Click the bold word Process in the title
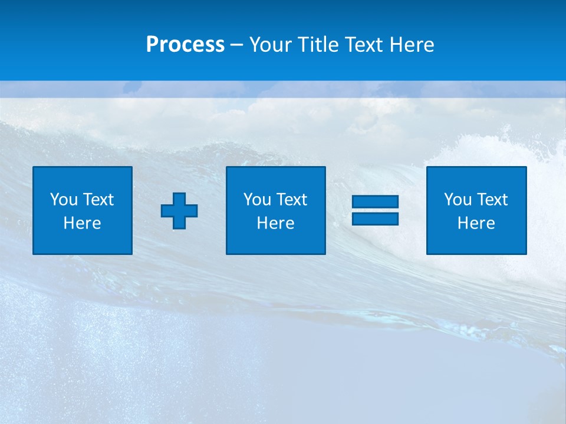185,45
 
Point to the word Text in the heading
363,45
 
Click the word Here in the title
412,45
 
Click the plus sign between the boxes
179,211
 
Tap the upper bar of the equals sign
375,202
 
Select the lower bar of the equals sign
375,218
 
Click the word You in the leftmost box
64,200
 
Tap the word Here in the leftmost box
83,223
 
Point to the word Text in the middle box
292,200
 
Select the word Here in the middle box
275,223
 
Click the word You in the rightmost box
458,200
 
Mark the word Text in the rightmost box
492,200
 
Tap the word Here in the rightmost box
476,223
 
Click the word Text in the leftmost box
98,200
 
